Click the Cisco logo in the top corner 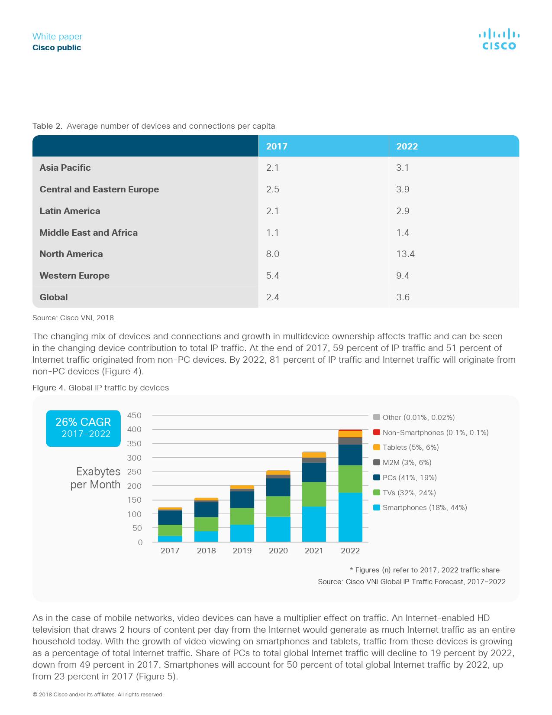coord(499,39)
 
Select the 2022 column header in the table coord(407,146)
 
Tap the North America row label coord(71,254)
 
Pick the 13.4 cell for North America coord(405,254)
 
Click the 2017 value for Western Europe coord(272,276)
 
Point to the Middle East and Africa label coord(88,233)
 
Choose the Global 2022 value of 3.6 coord(403,297)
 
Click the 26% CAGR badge coord(83,428)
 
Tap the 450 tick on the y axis coord(134,416)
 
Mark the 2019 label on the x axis coord(242,551)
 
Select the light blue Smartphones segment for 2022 coord(350,517)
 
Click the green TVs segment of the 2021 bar coord(314,494)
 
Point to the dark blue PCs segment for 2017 coord(170,517)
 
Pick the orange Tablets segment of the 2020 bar coord(278,472)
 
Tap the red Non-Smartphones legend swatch coord(377,432)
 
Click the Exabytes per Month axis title coord(96,478)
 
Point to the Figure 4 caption coord(100,388)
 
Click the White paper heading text coord(57,36)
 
